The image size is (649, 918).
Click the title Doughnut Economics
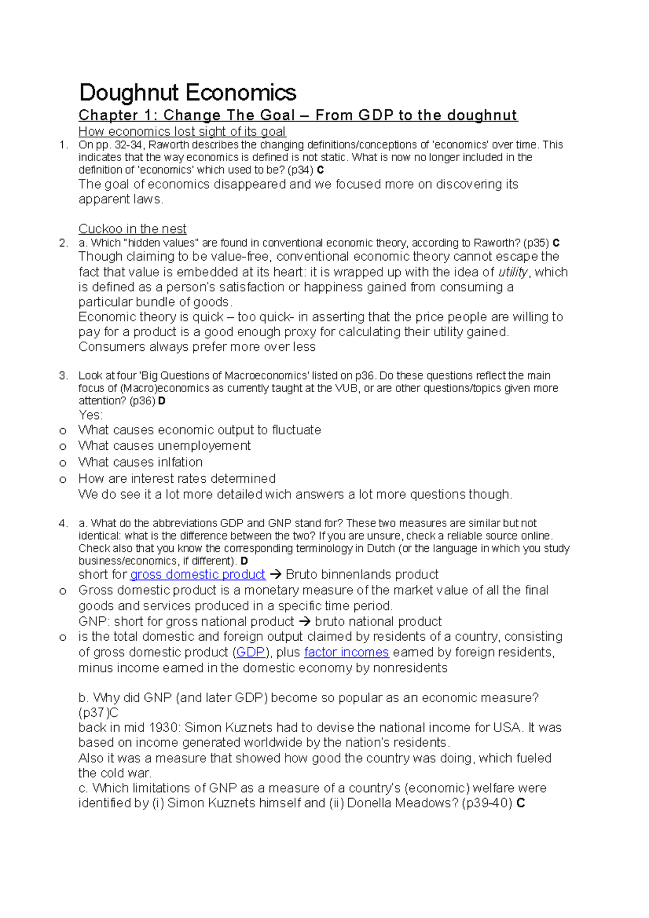point(188,92)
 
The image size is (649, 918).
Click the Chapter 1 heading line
point(297,115)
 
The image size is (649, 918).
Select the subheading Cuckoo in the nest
point(133,229)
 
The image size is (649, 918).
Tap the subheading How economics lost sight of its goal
point(182,131)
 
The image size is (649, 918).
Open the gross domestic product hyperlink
point(197,574)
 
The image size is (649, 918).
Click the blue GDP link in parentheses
point(251,652)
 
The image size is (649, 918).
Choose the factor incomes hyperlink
point(346,652)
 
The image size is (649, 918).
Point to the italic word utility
point(512,272)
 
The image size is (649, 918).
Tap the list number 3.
point(63,375)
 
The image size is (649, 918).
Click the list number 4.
point(63,523)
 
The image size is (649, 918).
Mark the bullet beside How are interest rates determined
point(63,480)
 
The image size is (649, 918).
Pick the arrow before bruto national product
point(304,621)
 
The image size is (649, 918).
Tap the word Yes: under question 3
point(90,415)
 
